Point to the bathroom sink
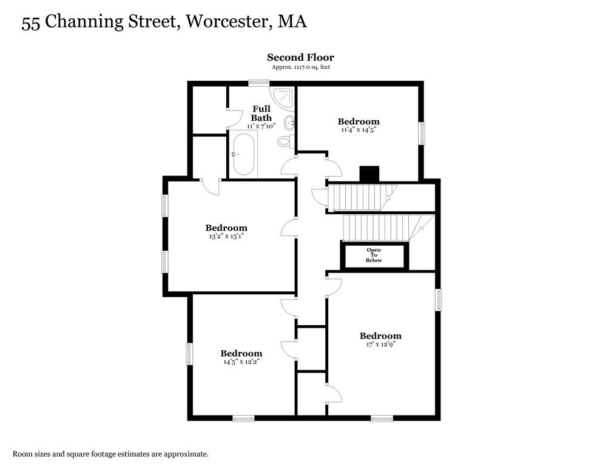290,122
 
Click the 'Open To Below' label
373,255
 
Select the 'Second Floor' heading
300,58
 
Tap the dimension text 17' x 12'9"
380,344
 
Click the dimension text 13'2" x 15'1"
226,236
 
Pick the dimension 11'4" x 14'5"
359,129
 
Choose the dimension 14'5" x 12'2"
241,362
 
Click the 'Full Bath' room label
261,113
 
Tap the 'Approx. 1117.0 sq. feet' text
300,67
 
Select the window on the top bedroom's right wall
421,133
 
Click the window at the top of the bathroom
258,83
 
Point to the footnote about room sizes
111,453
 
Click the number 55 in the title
31,23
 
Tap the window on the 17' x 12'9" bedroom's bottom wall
382,418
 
